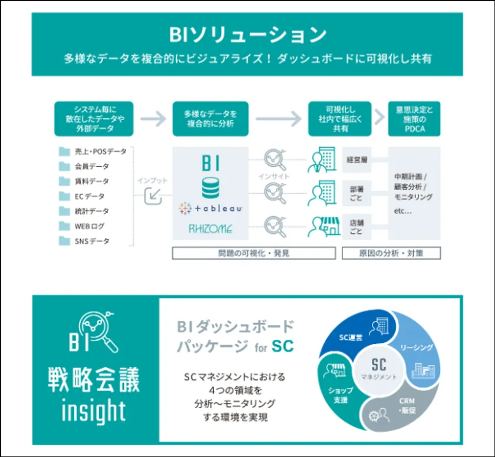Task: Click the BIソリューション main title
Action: [248, 35]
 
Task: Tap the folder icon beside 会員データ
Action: [64, 166]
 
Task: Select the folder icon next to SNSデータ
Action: [64, 241]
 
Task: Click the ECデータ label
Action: [90, 197]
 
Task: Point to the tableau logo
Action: [210, 208]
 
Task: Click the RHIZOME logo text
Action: [210, 228]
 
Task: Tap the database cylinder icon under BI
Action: [210, 188]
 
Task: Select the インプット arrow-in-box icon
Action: [153, 196]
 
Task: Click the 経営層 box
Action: [357, 160]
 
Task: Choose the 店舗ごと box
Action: [357, 227]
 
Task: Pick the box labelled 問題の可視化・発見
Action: [254, 253]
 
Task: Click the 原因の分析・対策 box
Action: [391, 253]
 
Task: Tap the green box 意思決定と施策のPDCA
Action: [414, 119]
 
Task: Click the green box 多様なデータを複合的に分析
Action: [210, 119]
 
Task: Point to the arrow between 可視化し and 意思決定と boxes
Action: [379, 117]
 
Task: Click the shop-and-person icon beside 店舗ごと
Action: [324, 227]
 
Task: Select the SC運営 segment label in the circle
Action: [351, 337]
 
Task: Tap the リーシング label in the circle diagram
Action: [417, 347]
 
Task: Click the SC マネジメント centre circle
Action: [379, 370]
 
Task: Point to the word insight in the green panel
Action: [94, 410]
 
